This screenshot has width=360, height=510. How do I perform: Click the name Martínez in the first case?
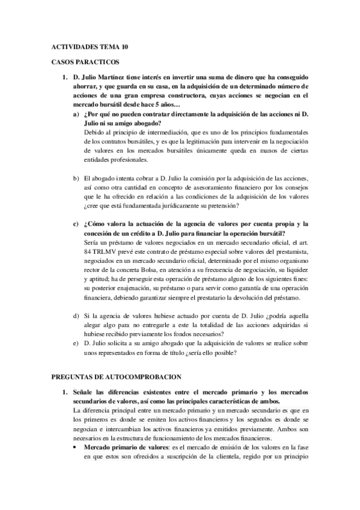[x=122, y=78]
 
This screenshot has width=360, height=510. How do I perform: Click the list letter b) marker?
[x=76, y=179]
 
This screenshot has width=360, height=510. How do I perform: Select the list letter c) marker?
[x=76, y=224]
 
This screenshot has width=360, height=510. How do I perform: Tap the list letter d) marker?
[x=76, y=316]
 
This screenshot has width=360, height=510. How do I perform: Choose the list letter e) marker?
[x=76, y=343]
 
